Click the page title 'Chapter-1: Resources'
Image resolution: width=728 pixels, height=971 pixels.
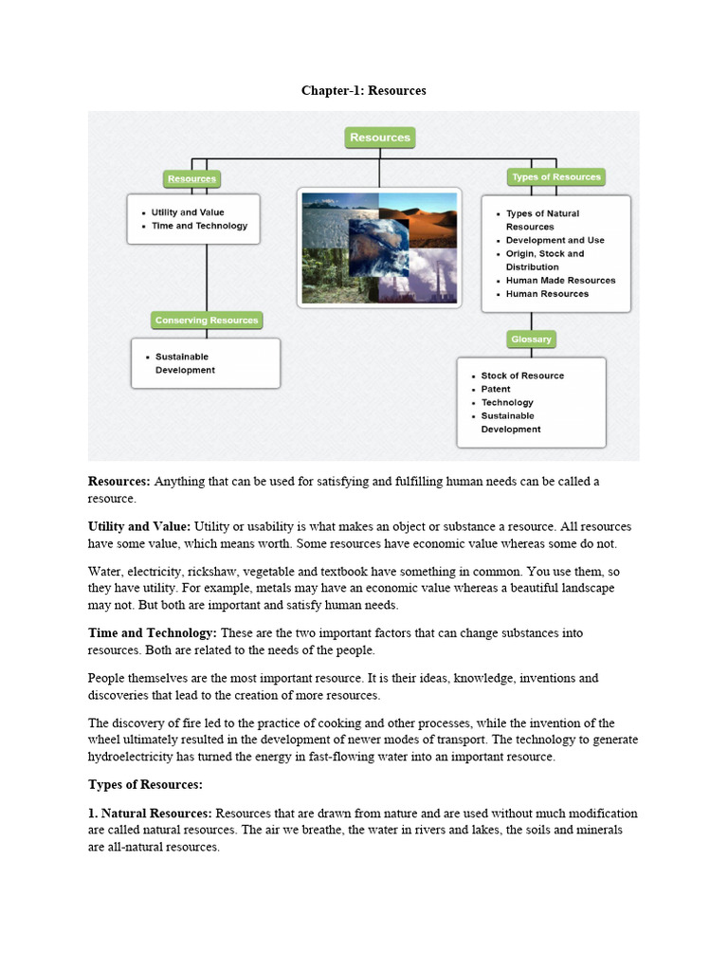tap(364, 91)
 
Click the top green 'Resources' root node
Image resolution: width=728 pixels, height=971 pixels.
tap(379, 137)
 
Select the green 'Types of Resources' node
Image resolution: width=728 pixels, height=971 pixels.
tap(555, 177)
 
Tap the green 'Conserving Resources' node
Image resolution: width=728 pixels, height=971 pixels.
tap(207, 321)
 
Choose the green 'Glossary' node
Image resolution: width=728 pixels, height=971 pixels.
tap(531, 339)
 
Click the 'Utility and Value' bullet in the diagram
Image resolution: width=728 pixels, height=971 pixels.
tap(188, 212)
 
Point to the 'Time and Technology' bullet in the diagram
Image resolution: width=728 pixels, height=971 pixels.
tap(199, 226)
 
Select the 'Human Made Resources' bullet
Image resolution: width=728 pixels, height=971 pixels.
tap(560, 281)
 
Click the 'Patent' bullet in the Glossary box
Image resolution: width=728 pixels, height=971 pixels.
tap(495, 389)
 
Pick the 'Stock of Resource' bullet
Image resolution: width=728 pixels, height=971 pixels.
tap(521, 376)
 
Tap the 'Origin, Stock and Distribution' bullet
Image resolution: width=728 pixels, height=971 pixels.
tap(545, 261)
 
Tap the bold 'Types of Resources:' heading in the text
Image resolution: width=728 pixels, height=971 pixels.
tap(145, 784)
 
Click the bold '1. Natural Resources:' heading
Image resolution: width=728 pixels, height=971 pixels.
tap(152, 814)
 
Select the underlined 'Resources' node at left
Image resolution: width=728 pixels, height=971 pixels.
tap(191, 178)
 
